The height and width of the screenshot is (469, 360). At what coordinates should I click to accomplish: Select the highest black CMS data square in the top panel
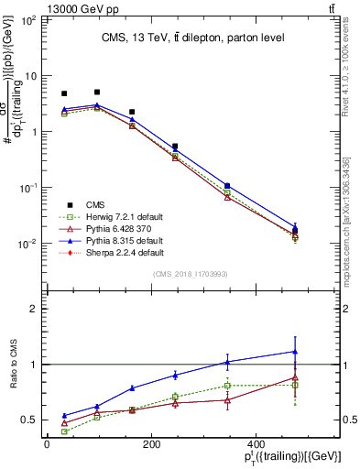[97, 92]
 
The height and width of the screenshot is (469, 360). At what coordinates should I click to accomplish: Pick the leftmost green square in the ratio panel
[64, 431]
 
